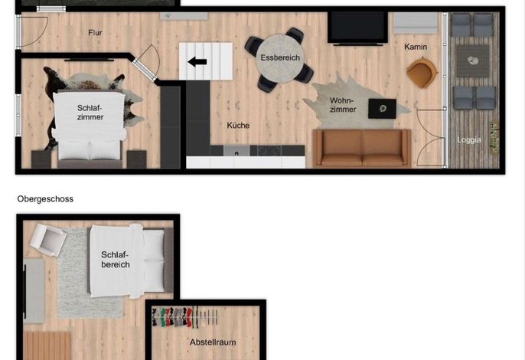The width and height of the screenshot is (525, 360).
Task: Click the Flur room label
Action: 95,33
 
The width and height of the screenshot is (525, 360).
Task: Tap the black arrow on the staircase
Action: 197,62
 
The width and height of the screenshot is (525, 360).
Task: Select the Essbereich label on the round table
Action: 280,57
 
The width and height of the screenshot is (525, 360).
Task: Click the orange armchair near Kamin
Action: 421,73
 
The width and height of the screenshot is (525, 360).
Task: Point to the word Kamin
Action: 416,47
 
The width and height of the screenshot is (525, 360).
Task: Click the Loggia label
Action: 468,139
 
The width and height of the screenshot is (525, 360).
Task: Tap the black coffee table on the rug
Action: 382,108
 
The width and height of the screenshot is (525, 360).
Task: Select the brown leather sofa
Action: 361,148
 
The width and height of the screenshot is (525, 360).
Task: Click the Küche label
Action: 238,126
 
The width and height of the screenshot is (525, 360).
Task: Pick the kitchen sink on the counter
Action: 236,151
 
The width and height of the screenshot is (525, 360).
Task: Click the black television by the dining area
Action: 357,28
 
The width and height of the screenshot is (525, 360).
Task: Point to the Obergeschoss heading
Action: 45,199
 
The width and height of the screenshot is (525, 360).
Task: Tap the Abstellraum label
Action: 213,342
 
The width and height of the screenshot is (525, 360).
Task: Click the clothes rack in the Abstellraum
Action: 184,316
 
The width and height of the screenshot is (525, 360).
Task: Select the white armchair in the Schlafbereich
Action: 47,240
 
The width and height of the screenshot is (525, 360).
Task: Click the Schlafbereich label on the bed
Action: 115,260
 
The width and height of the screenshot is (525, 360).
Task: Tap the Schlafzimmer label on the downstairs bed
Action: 90,113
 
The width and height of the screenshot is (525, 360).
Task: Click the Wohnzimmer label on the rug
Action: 343,105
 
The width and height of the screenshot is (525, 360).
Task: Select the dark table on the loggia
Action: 472,61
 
